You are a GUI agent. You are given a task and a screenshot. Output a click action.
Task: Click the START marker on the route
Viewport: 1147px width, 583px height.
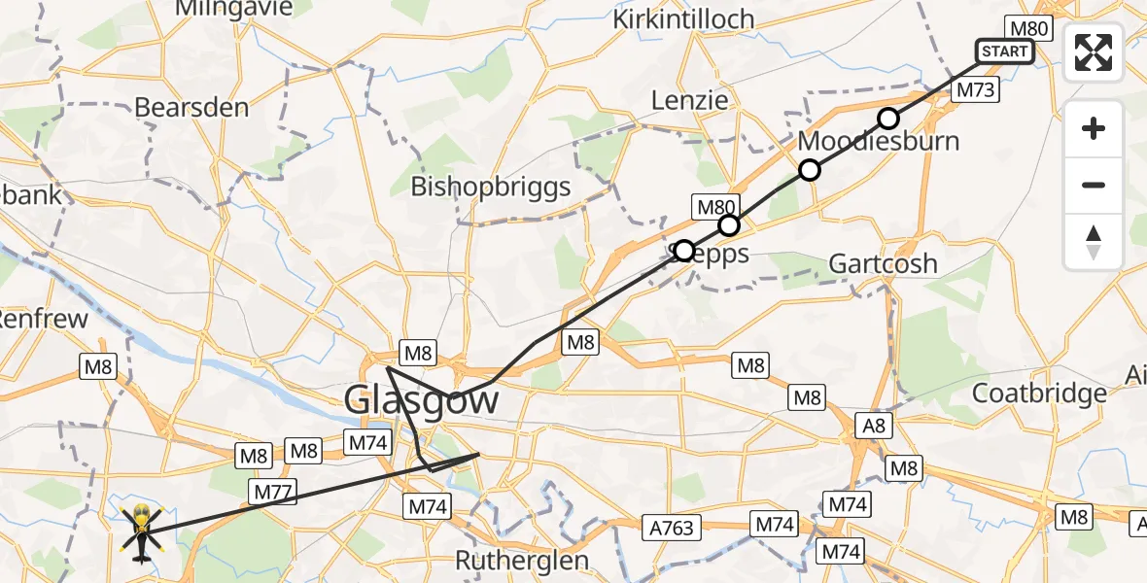click(x=1005, y=51)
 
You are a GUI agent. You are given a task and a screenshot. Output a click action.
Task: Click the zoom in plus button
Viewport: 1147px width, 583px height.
click(x=1094, y=128)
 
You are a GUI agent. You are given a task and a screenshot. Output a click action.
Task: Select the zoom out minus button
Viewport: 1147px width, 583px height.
click(x=1094, y=185)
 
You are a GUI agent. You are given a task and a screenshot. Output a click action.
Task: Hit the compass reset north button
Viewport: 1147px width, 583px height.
click(x=1094, y=241)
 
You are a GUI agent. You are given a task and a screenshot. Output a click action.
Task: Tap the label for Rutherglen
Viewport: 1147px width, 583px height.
click(x=523, y=561)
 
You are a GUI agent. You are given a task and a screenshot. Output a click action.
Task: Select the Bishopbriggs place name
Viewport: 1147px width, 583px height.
click(x=491, y=186)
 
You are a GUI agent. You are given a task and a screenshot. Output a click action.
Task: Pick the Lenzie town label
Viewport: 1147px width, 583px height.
click(x=689, y=100)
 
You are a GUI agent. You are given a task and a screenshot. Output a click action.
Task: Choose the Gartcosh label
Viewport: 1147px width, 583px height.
click(x=883, y=263)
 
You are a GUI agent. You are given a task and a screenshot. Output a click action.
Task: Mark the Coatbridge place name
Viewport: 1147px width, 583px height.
click(x=1039, y=393)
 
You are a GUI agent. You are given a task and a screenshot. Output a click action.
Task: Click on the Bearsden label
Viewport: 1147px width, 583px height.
click(x=191, y=107)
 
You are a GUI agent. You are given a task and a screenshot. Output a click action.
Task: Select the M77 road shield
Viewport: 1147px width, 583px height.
click(x=271, y=492)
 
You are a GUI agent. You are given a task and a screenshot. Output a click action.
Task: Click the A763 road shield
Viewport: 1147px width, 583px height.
click(x=673, y=528)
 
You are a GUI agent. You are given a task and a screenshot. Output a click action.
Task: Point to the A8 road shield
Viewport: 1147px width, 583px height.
click(x=872, y=425)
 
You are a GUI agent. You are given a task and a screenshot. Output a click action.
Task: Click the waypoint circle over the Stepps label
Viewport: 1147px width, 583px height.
click(x=684, y=251)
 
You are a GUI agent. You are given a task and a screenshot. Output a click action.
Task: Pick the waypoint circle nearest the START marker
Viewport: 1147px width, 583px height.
click(x=888, y=119)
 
